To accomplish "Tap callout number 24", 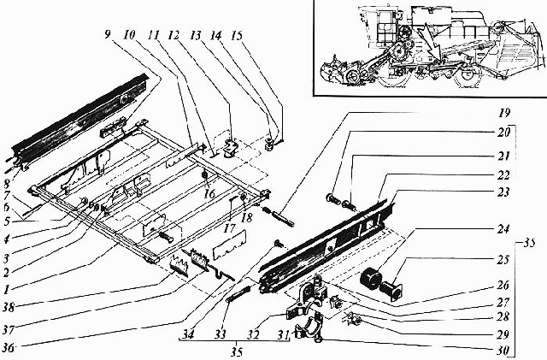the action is pyautogui.click(x=503, y=229).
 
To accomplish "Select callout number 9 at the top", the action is pyautogui.click(x=108, y=34).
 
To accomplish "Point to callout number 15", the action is pyautogui.click(x=237, y=36).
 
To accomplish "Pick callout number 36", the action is pyautogui.click(x=9, y=348).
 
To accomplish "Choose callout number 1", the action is pyautogui.click(x=6, y=290).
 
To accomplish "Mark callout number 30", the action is pyautogui.click(x=503, y=351).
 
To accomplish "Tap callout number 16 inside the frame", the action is pyautogui.click(x=209, y=194).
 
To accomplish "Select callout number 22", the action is pyautogui.click(x=503, y=175).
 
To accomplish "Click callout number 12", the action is pyautogui.click(x=174, y=35).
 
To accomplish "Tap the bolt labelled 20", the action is pyautogui.click(x=333, y=199).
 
